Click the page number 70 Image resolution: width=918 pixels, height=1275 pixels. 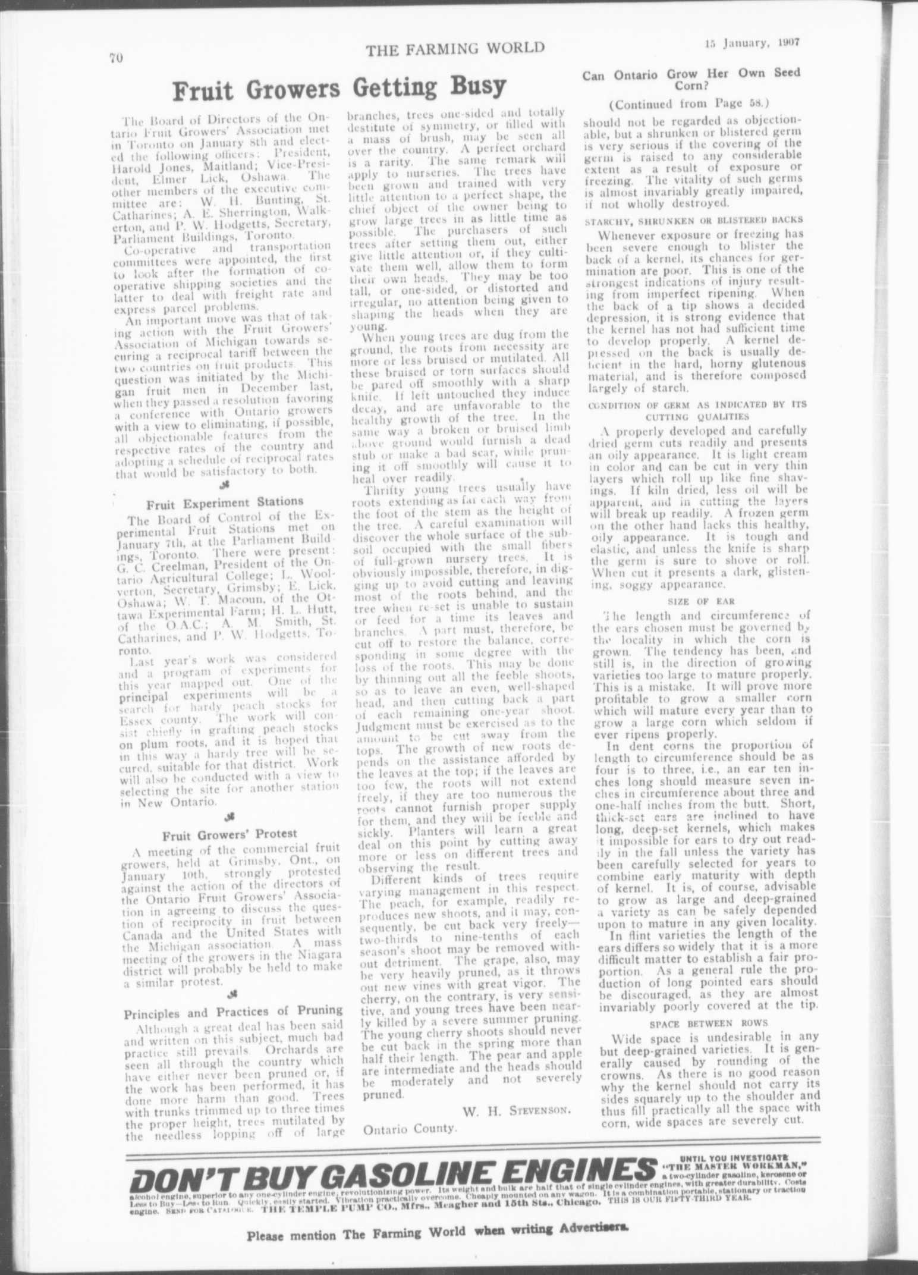[115, 58]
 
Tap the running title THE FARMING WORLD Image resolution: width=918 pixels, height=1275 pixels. [455, 49]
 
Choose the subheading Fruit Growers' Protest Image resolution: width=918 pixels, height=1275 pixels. [222, 833]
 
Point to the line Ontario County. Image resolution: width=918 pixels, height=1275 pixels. [410, 1129]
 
